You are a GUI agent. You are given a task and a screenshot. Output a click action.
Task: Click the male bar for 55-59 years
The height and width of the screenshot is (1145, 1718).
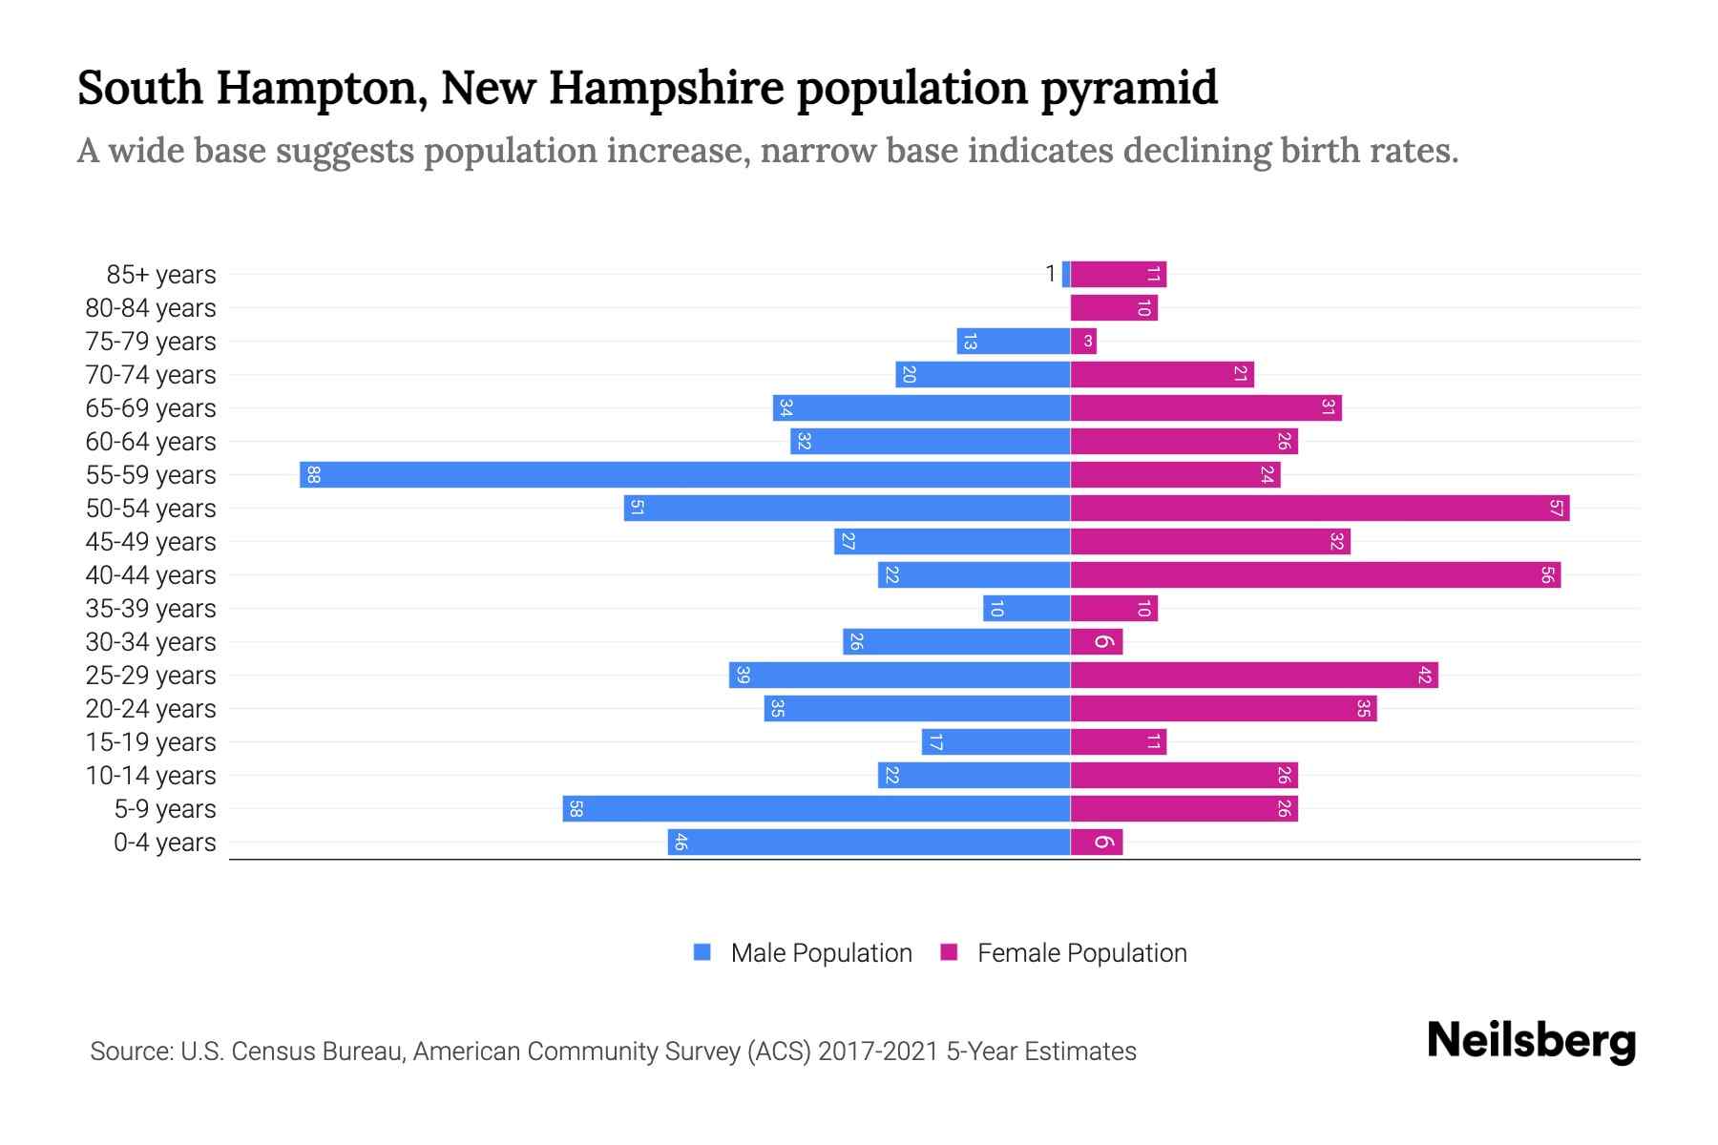[684, 475]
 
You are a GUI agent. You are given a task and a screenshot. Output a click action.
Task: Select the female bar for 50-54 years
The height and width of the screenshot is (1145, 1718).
[1319, 509]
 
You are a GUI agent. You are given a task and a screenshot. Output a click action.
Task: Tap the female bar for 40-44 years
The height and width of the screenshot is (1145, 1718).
[1315, 575]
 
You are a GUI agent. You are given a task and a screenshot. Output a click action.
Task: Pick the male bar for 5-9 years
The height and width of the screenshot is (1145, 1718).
[816, 809]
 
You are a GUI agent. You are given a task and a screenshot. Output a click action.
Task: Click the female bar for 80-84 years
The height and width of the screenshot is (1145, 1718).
[1113, 308]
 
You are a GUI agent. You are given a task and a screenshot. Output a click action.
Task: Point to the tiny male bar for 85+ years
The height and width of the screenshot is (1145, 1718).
[1066, 275]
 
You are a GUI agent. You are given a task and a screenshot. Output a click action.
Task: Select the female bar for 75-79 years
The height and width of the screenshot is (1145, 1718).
[1083, 342]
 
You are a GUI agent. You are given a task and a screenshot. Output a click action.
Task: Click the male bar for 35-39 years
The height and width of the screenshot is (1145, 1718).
[1026, 609]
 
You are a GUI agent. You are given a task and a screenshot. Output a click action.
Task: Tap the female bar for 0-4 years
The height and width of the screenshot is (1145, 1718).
[1096, 843]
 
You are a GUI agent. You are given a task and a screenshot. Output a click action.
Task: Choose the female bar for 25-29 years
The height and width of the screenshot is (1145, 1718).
[1253, 676]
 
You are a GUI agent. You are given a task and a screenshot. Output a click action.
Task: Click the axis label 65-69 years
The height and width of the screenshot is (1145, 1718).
[151, 408]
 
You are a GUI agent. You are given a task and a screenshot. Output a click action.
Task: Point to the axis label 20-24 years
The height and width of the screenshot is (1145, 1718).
[151, 709]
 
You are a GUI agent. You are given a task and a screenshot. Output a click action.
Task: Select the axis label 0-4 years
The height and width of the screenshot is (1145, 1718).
[164, 843]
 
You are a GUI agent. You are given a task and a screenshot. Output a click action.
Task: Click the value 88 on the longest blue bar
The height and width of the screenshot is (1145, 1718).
[313, 475]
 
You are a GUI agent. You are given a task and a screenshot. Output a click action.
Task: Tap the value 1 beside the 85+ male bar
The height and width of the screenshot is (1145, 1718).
[1050, 275]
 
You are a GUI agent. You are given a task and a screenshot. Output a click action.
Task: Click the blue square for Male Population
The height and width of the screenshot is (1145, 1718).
[702, 952]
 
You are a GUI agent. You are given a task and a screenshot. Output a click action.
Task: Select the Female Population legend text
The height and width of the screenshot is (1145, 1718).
[1081, 953]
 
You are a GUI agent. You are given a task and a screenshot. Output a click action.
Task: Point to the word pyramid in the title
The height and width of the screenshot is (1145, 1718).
[1128, 89]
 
